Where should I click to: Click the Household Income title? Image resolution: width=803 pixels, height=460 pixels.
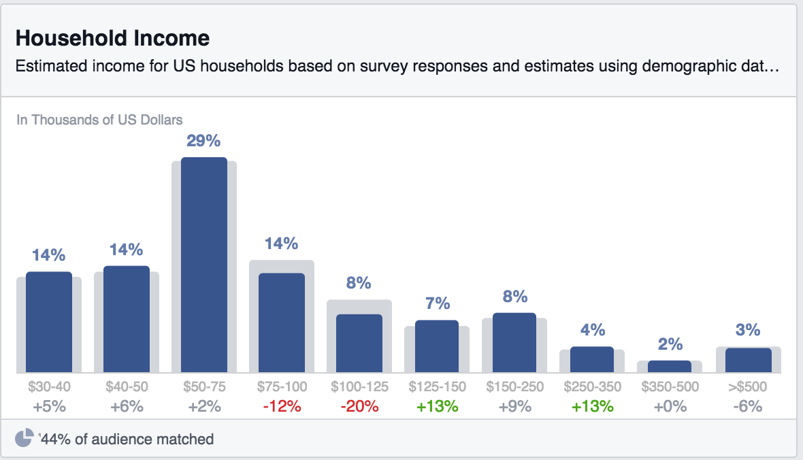click(x=112, y=38)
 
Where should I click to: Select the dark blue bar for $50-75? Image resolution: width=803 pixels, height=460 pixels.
click(x=203, y=265)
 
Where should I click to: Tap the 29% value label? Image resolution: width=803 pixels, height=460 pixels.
click(x=203, y=141)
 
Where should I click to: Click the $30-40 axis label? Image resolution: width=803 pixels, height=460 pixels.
click(x=49, y=387)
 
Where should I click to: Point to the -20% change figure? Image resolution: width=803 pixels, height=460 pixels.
click(x=359, y=407)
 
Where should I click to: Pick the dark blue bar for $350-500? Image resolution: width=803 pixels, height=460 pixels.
click(x=669, y=366)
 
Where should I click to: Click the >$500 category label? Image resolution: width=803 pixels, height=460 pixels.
click(x=747, y=387)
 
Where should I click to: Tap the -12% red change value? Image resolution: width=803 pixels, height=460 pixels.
click(x=282, y=407)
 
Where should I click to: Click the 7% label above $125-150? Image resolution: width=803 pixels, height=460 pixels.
click(x=438, y=303)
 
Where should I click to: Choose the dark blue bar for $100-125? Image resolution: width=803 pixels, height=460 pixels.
click(x=359, y=343)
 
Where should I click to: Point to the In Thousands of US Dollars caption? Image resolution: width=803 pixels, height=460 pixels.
click(x=99, y=120)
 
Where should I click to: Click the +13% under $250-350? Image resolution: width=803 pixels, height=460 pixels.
click(x=592, y=407)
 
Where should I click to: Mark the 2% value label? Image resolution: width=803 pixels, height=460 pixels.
click(x=670, y=344)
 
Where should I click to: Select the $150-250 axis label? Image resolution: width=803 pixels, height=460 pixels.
click(x=514, y=387)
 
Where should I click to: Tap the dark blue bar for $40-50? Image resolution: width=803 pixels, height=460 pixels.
click(x=127, y=319)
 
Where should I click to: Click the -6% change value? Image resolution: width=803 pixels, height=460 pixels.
click(x=747, y=407)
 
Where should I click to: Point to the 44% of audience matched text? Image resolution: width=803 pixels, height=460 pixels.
click(x=127, y=440)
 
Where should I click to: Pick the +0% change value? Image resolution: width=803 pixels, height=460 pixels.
click(x=670, y=407)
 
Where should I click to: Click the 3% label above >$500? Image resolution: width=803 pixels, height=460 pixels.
click(x=748, y=330)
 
